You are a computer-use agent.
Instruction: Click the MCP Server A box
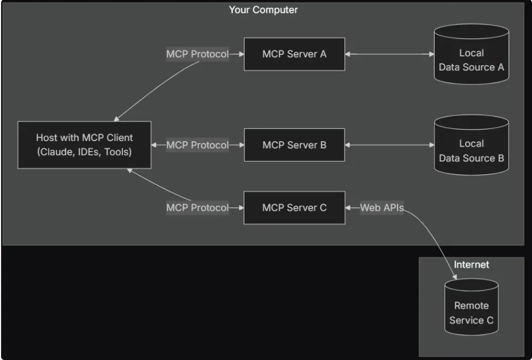tap(294, 54)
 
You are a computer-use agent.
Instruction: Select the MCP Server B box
tap(294, 145)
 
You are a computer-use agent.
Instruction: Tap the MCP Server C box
tap(294, 208)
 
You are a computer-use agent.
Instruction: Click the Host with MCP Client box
tap(84, 145)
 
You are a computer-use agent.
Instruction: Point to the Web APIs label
tap(382, 208)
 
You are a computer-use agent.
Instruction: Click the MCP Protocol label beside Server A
tap(197, 54)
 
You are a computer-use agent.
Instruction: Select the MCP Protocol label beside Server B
tap(197, 145)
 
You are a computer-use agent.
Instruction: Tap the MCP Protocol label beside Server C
tap(197, 208)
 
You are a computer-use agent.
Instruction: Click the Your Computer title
tap(263, 10)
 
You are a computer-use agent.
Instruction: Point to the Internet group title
tap(471, 264)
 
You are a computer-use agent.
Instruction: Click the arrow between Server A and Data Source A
tap(389, 54)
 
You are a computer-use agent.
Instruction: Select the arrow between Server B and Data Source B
tap(389, 145)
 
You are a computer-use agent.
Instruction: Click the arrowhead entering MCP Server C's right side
tap(349, 208)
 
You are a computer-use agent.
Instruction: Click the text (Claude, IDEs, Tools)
tap(84, 152)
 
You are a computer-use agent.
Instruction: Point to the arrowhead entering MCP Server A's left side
tap(241, 54)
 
